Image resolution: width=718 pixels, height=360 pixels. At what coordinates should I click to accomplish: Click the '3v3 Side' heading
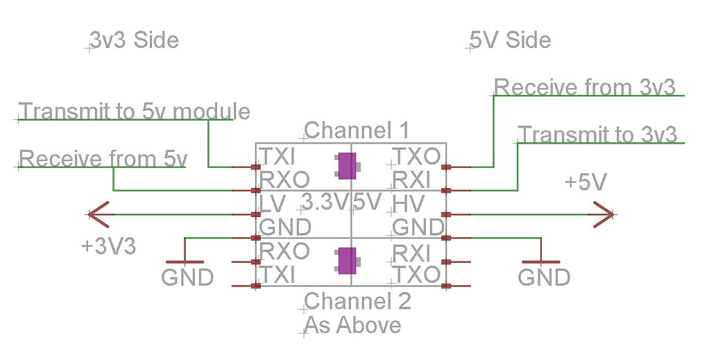click(134, 40)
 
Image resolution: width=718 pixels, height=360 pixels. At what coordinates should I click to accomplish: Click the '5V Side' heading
click(511, 40)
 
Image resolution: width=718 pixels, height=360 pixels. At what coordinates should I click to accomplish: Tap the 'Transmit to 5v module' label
click(135, 111)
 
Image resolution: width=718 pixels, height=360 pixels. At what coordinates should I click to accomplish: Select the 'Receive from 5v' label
click(103, 159)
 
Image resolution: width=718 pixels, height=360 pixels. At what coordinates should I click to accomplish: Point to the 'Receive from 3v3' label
click(584, 87)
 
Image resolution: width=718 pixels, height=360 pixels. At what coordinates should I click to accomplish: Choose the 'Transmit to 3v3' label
click(597, 134)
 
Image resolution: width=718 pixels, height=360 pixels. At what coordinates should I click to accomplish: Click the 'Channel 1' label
click(357, 130)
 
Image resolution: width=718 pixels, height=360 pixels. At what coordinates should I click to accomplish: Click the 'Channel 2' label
click(357, 301)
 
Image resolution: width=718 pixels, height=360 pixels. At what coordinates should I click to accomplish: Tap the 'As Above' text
click(352, 325)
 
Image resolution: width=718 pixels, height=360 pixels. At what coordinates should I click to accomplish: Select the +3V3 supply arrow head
click(98, 214)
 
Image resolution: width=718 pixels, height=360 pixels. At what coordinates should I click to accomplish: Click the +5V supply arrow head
click(601, 214)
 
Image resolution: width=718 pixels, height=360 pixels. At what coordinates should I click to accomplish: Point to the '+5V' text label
click(585, 183)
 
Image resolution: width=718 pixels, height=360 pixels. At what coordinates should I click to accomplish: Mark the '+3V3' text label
click(108, 246)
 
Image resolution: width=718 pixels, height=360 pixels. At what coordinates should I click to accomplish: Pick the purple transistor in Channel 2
click(345, 261)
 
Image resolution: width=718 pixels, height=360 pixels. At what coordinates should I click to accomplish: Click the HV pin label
click(407, 203)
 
